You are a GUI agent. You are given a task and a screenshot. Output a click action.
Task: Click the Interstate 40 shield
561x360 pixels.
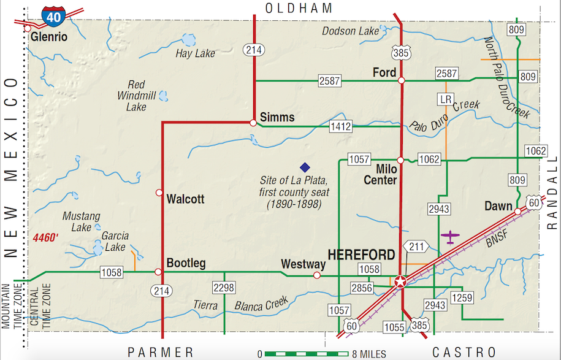(x=53, y=17)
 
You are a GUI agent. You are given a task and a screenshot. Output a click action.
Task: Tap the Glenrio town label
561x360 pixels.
(x=48, y=37)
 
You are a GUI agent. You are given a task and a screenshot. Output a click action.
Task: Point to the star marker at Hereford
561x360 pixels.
(x=400, y=281)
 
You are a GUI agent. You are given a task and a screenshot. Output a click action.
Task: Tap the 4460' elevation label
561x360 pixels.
(x=45, y=236)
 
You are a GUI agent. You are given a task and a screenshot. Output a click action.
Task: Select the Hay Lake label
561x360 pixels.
(x=195, y=53)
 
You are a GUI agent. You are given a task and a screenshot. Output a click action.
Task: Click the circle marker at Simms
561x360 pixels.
(x=253, y=123)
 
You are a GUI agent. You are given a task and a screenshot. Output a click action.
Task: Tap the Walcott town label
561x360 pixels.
(x=185, y=199)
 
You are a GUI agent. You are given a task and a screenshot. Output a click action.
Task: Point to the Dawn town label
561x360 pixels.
(x=498, y=206)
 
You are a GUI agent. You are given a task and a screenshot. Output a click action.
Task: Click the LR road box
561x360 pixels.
(x=446, y=98)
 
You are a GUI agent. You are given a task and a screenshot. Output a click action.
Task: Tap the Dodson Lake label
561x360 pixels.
(x=350, y=31)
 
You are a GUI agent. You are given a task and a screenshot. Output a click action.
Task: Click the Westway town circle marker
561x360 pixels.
(x=316, y=275)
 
